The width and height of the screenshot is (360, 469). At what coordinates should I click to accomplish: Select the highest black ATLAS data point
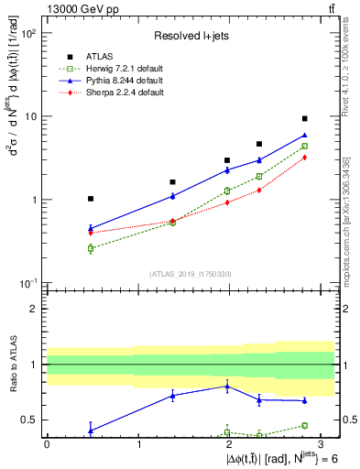click(x=304, y=119)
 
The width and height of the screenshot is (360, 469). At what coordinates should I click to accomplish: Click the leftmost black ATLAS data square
click(x=91, y=199)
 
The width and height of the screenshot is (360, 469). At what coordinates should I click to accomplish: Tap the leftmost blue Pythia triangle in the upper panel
click(x=91, y=228)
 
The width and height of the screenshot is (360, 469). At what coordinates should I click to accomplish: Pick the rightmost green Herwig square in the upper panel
click(x=304, y=146)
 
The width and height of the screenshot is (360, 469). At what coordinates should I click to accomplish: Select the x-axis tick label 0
click(x=47, y=443)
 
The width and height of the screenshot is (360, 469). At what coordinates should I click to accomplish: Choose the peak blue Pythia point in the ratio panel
click(x=226, y=386)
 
